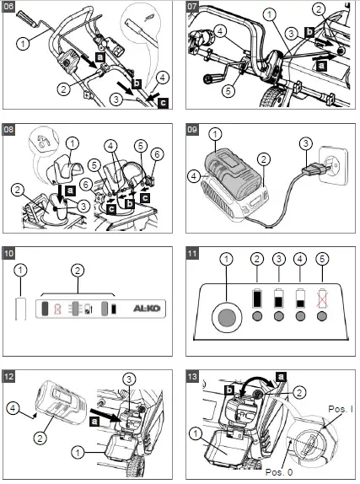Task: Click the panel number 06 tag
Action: [x=8, y=6]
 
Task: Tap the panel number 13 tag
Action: [x=192, y=377]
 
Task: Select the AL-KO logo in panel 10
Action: [x=147, y=309]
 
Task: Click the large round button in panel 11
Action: [x=226, y=318]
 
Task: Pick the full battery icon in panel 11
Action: [x=257, y=298]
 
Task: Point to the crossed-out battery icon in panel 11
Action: [x=322, y=298]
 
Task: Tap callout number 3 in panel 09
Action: [x=305, y=143]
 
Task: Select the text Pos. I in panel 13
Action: [x=341, y=409]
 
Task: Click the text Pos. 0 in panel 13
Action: [x=279, y=472]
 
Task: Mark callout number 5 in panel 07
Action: [x=228, y=91]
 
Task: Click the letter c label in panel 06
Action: [x=163, y=102]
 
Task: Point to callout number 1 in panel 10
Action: [x=20, y=271]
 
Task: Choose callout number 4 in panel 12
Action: [x=13, y=408]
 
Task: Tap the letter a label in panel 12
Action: [x=94, y=421]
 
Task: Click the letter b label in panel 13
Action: [x=229, y=390]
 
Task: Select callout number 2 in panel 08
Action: [x=18, y=190]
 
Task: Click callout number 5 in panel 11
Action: [x=322, y=259]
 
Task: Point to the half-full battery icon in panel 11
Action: [x=279, y=298]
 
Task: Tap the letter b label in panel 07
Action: [x=309, y=32]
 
